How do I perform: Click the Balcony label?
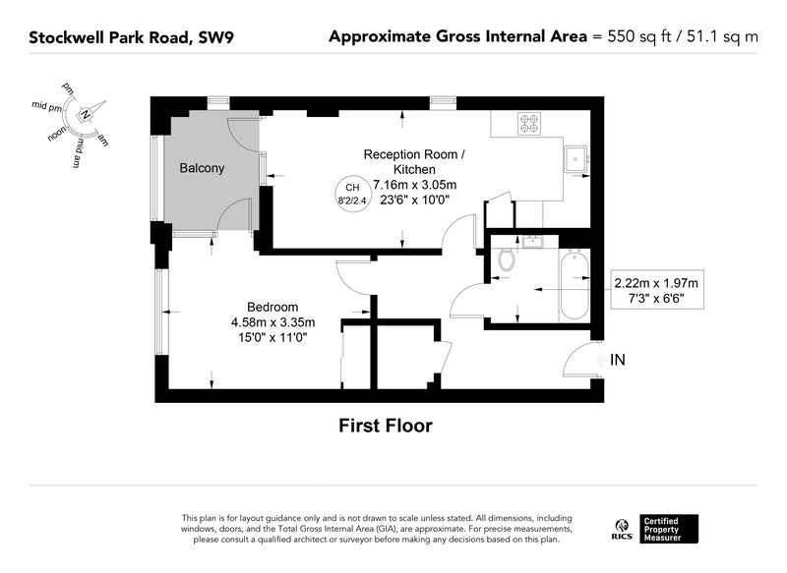(x=202, y=168)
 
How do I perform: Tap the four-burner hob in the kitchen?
(x=529, y=124)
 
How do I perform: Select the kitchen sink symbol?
(x=576, y=159)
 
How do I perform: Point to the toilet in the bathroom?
(x=507, y=259)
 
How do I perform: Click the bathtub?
(x=575, y=285)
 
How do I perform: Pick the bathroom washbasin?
(x=531, y=242)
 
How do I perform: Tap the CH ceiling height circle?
(x=352, y=194)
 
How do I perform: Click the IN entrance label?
(x=618, y=360)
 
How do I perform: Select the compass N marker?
(x=86, y=115)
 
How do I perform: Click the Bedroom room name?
(x=272, y=307)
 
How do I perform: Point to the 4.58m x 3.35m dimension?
(x=273, y=322)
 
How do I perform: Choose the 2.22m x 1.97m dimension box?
(x=656, y=290)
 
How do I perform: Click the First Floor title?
(x=386, y=426)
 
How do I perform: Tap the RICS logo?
(x=623, y=530)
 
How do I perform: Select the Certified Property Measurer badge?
(x=668, y=529)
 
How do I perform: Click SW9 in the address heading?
(x=216, y=37)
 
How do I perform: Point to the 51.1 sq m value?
(x=722, y=36)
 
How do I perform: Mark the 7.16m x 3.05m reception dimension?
(x=414, y=185)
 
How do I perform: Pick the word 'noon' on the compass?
(x=57, y=134)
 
